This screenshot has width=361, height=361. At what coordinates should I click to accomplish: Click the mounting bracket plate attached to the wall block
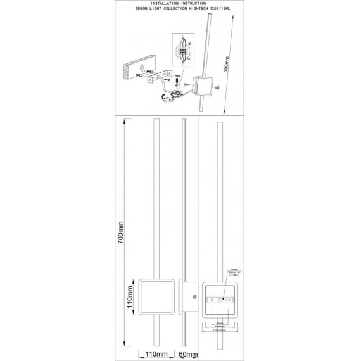pyautogui.click(x=156, y=79)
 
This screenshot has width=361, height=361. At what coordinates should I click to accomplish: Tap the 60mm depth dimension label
pyautogui.click(x=188, y=355)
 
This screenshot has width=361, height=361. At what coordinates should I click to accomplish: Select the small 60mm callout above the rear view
pyautogui.click(x=234, y=268)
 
